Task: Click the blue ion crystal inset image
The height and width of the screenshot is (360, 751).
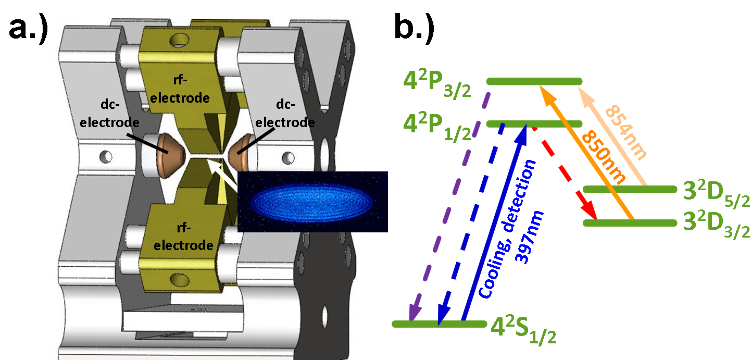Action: (x=312, y=201)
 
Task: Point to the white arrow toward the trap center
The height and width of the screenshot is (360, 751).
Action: (x=221, y=172)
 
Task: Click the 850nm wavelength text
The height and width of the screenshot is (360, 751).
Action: (x=603, y=156)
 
